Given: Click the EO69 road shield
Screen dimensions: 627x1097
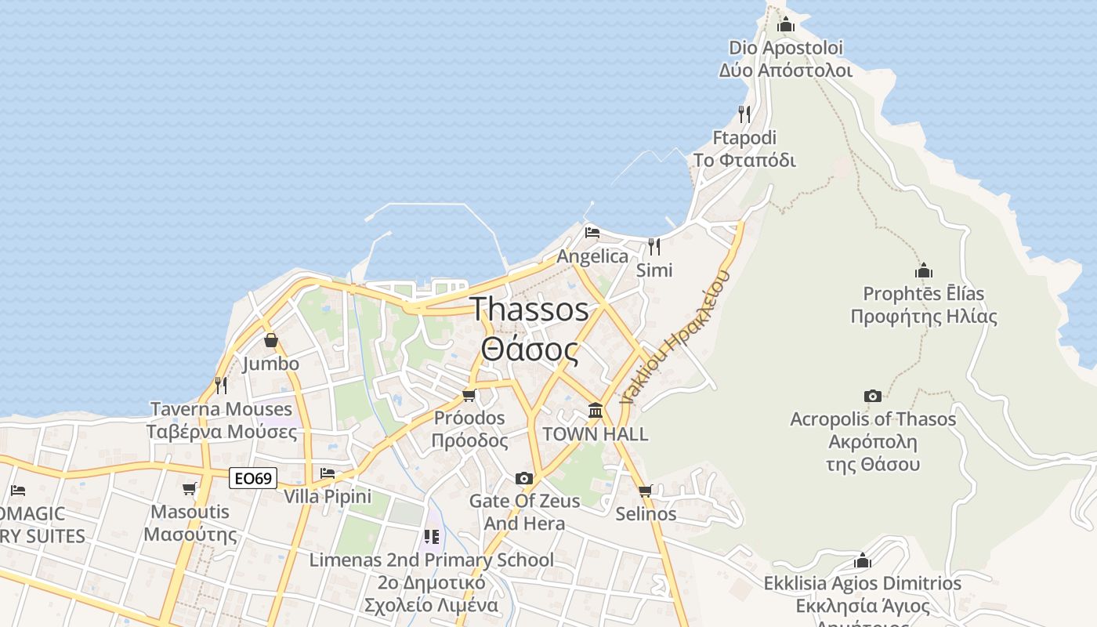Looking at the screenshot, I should (253, 477).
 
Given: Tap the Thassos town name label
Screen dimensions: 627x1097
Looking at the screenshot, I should (530, 329).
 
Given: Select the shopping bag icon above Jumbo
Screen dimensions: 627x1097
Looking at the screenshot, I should (270, 341).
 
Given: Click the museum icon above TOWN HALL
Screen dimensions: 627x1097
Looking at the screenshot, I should (595, 410).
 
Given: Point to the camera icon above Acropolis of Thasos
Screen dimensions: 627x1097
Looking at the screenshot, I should (872, 396).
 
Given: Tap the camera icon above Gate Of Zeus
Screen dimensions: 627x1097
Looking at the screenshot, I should (524, 478).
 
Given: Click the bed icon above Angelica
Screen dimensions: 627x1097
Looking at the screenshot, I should (592, 233).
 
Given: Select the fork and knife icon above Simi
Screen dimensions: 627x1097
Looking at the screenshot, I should (653, 246).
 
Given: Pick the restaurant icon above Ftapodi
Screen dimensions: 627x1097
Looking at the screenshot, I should (744, 114).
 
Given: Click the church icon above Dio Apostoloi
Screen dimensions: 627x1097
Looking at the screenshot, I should (785, 24).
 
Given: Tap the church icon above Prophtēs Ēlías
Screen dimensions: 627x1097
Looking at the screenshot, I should (923, 271).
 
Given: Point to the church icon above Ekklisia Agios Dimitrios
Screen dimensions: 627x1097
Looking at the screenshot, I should (862, 560).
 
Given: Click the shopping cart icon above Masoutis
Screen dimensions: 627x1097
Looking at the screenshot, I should (190, 489).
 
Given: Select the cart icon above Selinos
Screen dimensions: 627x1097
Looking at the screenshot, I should (645, 491).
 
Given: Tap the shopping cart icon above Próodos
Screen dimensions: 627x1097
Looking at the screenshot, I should (469, 395).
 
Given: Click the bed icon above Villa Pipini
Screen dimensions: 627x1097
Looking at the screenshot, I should (328, 473).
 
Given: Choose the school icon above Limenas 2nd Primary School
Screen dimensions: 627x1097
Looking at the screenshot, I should (431, 537).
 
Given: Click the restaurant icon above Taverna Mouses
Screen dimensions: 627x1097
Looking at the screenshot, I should (221, 386).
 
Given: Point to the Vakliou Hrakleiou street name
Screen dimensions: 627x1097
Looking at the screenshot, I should (675, 337).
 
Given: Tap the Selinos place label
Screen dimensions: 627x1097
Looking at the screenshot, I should (646, 514).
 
